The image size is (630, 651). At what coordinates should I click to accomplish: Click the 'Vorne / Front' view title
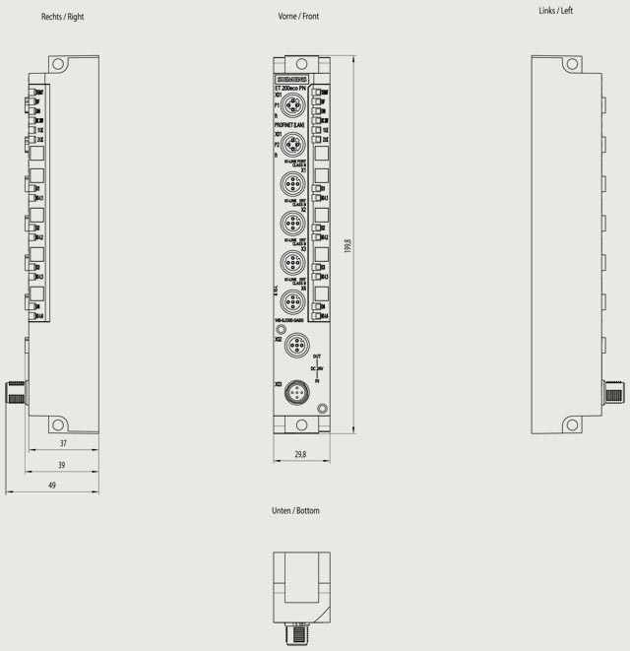click(x=299, y=17)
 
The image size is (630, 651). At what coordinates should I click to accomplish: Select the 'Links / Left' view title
click(x=556, y=11)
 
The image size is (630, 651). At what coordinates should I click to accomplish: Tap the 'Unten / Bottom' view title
click(x=295, y=511)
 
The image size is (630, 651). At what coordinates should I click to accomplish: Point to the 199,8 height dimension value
click(x=348, y=246)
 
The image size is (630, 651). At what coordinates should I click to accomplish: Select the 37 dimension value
click(x=62, y=443)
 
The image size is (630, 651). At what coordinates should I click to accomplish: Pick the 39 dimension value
click(x=62, y=465)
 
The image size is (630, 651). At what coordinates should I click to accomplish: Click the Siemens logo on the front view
click(x=290, y=79)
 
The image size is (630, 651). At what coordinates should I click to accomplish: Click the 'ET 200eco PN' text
click(x=291, y=90)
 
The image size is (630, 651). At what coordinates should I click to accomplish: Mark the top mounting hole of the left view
click(x=571, y=65)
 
